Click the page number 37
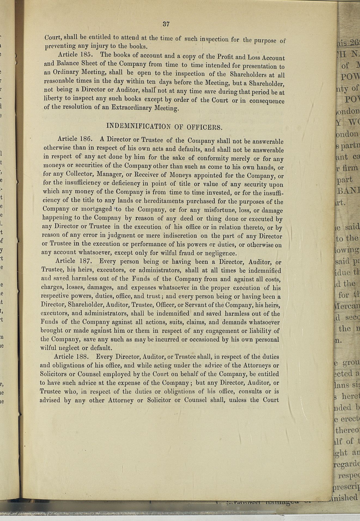coord(166,24)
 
